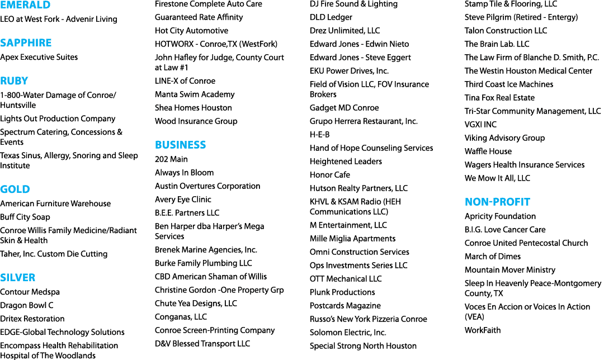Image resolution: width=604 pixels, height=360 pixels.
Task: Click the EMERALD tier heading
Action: pyautogui.click(x=25, y=4)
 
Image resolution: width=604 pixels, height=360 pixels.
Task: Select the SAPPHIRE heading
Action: pyautogui.click(x=26, y=42)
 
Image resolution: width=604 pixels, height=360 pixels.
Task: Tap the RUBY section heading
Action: pyautogui.click(x=14, y=81)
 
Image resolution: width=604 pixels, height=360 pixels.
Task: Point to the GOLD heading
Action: pyautogui.click(x=15, y=190)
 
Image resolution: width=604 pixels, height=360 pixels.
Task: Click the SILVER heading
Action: pyautogui.click(x=18, y=278)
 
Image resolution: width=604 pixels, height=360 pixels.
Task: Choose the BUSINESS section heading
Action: pyautogui.click(x=180, y=145)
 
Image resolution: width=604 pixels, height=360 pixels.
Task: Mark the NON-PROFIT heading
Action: pyautogui.click(x=497, y=202)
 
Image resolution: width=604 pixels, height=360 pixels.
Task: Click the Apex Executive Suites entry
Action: pyautogui.click(x=39, y=57)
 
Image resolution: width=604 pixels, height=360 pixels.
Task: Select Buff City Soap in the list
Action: pyautogui.click(x=25, y=217)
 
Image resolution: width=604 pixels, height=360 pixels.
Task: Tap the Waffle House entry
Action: pyautogui.click(x=488, y=151)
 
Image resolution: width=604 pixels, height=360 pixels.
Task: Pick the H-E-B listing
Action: pyautogui.click(x=320, y=135)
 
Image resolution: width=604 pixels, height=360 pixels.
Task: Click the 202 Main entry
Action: pyautogui.click(x=172, y=159)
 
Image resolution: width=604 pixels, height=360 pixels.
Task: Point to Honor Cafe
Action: pyautogui.click(x=330, y=175)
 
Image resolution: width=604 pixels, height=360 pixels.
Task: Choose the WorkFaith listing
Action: pyautogui.click(x=483, y=330)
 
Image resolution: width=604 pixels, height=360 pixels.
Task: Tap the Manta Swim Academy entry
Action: pyautogui.click(x=195, y=94)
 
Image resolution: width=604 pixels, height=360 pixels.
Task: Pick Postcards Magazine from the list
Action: pyautogui.click(x=345, y=306)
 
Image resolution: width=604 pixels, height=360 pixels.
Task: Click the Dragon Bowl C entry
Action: pyautogui.click(x=27, y=305)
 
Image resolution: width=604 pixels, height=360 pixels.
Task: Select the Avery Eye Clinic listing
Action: pyautogui.click(x=183, y=200)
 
